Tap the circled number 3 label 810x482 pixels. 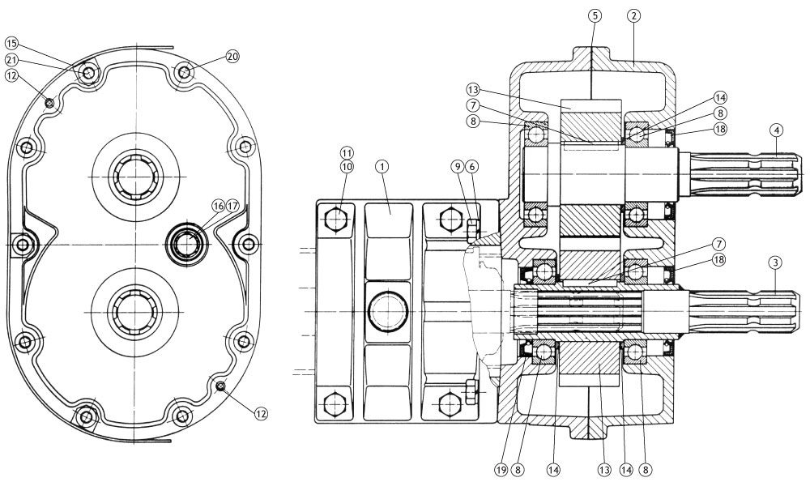[776, 263]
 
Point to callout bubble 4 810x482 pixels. [776, 130]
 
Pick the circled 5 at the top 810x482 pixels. [594, 15]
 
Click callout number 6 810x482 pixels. [472, 165]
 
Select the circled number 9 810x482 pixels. [458, 165]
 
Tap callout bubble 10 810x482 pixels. [347, 165]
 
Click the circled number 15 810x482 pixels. [11, 43]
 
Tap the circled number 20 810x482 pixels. [232, 56]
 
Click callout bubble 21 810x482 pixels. [11, 59]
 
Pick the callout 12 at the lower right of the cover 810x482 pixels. [261, 413]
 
